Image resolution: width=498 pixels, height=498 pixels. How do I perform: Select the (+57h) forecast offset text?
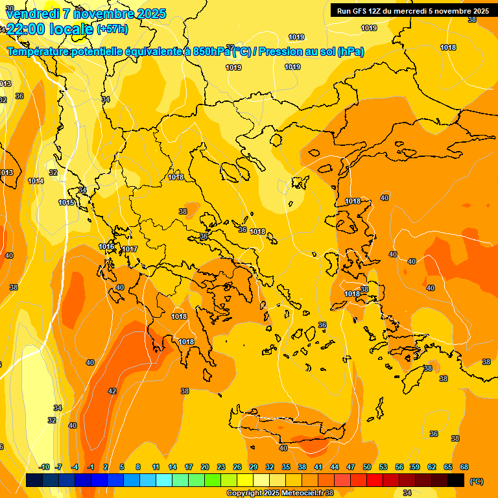112,29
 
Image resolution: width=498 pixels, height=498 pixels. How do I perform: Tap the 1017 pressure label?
130,250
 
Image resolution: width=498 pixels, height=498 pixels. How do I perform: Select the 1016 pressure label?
106,246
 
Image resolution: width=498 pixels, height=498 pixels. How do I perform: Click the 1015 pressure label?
66,202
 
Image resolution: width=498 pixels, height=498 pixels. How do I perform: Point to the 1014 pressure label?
36,181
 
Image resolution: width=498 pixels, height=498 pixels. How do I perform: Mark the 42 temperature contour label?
112,391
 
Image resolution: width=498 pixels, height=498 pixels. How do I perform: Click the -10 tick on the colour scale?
44,467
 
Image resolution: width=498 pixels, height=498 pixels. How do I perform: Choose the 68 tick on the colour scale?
464,467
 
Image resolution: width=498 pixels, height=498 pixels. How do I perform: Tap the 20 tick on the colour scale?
204,467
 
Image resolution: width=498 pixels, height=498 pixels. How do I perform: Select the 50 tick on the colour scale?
367,467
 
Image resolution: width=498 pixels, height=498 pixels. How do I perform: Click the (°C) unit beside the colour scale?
477,480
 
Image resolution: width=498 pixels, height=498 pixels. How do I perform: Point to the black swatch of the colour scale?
456,480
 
